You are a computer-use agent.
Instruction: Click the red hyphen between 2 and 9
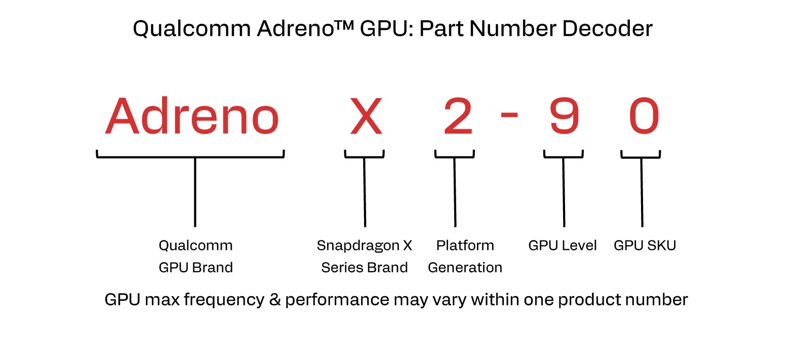(509, 115)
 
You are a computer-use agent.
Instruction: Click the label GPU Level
(562, 246)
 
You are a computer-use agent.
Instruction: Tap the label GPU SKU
(645, 246)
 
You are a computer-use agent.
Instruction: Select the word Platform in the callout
(465, 246)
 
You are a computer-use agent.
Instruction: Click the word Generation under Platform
(465, 267)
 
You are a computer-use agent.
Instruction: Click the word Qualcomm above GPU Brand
(195, 246)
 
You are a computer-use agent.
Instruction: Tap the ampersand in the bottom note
(275, 300)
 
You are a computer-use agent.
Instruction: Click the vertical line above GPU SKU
(642, 192)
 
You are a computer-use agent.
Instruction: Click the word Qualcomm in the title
(191, 29)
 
